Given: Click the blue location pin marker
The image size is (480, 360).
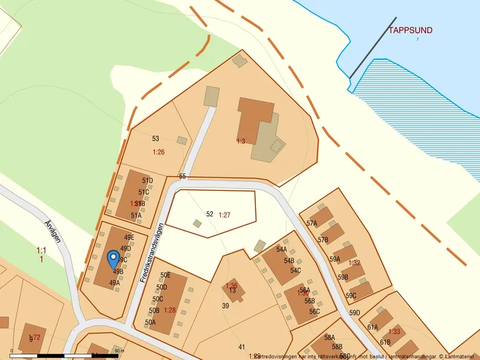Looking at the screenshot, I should pos(113,258).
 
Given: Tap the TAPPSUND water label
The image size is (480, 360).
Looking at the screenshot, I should pos(410,30).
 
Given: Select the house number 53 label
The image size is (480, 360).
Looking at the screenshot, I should pos(155,138).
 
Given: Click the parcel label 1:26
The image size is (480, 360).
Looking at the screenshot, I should pos(159,152).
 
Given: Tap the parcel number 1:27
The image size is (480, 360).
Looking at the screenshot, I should pos(225,215).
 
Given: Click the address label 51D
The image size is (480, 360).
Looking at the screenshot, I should pos(147,181).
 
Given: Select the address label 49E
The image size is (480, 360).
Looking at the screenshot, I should pos(129,237).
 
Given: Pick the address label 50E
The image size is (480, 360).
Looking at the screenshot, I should pos(165,275).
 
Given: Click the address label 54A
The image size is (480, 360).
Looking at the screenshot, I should pos(282,249).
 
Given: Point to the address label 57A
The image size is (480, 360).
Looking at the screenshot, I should pos(312,223).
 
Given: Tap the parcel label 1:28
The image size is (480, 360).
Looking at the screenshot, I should pos(170,310).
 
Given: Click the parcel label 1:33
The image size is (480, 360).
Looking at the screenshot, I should pos(394,332).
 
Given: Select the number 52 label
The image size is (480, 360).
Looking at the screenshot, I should pos(210,214).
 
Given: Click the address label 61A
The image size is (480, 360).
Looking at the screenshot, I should pos(372,327).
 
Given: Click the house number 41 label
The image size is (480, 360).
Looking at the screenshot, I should pos(241,347).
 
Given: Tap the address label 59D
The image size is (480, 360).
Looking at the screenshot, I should pos(355,313).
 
